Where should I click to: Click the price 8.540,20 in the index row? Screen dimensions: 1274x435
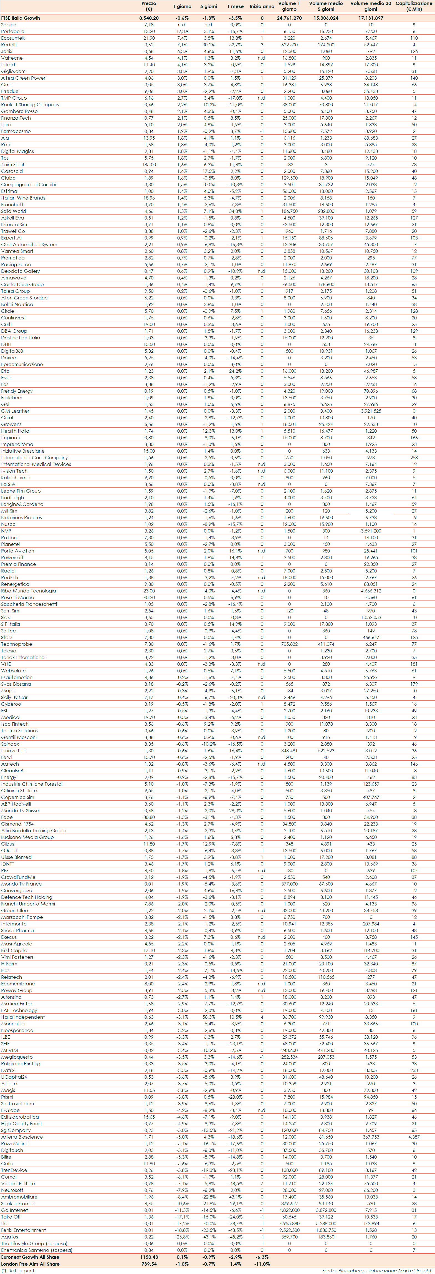point(149,18)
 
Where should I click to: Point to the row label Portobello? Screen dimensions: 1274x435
point(12,31)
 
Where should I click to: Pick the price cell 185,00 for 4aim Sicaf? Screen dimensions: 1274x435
point(149,165)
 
